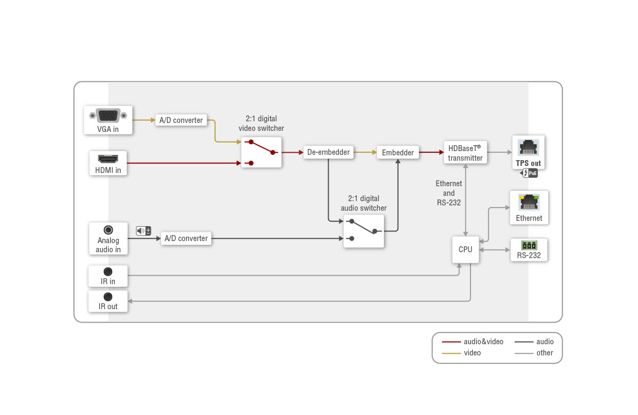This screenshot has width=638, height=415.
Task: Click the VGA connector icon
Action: click(x=108, y=115)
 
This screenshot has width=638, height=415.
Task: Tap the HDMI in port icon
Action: click(x=108, y=159)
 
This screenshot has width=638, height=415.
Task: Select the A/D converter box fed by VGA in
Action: click(x=181, y=120)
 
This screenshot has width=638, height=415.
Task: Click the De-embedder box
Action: click(x=329, y=152)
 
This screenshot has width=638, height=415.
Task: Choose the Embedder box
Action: click(x=398, y=153)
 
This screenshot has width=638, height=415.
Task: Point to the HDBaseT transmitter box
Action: click(x=465, y=153)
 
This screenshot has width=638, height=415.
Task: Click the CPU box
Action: click(x=465, y=250)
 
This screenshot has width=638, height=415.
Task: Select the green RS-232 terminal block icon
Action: click(x=529, y=245)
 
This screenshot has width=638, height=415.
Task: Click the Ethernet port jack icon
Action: click(x=529, y=202)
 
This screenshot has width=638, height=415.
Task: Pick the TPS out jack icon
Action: click(x=528, y=147)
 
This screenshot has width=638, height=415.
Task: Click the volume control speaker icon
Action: click(x=144, y=230)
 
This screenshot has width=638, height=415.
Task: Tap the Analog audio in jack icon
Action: click(x=108, y=230)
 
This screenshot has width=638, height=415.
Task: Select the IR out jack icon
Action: click(x=108, y=297)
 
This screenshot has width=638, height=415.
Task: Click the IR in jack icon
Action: click(x=108, y=272)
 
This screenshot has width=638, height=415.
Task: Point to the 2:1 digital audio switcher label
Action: click(x=364, y=203)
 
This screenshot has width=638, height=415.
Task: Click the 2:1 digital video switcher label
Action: click(x=261, y=123)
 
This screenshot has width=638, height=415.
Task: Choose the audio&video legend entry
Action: click(x=473, y=342)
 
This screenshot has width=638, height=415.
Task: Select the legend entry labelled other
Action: click(x=534, y=353)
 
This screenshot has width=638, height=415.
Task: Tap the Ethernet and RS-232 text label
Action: click(x=449, y=193)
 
